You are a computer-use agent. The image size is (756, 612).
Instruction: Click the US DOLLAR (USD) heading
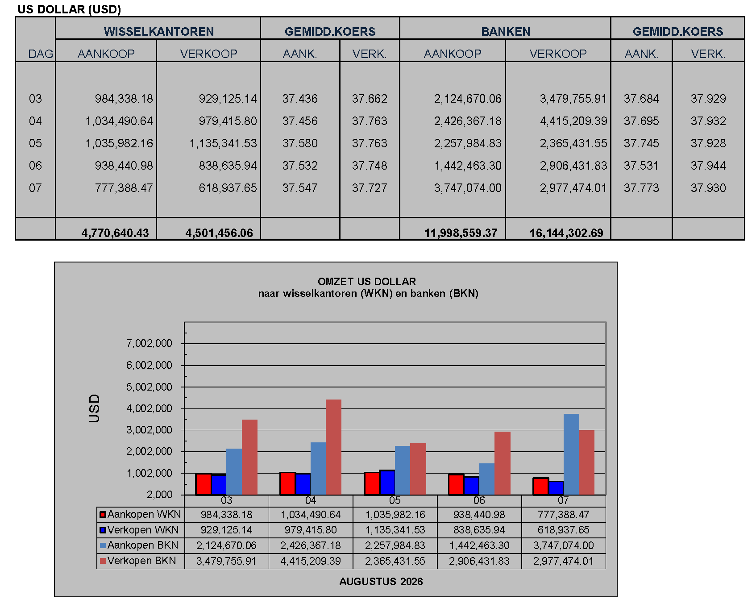(x=69, y=9)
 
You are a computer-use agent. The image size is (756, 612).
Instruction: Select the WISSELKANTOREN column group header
(x=159, y=32)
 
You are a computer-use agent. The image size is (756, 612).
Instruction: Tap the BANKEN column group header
(x=506, y=32)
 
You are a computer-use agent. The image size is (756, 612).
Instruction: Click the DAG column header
(x=41, y=54)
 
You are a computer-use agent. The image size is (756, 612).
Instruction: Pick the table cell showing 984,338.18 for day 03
(x=124, y=99)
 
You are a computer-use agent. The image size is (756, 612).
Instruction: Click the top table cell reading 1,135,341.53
(x=223, y=143)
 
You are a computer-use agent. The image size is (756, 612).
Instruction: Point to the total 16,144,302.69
(x=566, y=233)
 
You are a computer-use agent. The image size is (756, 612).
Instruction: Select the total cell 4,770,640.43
(x=115, y=233)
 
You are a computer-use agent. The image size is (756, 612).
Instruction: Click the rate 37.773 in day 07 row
(x=641, y=188)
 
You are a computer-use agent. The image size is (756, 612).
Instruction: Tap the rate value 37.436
(x=300, y=99)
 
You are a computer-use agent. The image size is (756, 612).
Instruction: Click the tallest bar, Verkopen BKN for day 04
(x=333, y=447)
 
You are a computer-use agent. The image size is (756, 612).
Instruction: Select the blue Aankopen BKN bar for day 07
(x=571, y=454)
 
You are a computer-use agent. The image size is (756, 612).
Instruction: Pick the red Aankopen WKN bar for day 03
(x=204, y=484)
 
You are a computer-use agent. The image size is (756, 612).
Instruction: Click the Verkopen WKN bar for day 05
(x=387, y=483)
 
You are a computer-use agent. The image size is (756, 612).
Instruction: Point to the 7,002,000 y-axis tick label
(x=149, y=343)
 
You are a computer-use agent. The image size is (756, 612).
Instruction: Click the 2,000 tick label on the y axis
(x=160, y=495)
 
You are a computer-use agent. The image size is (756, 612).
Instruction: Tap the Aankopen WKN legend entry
(x=140, y=514)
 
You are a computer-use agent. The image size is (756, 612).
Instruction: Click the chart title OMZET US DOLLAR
(x=367, y=282)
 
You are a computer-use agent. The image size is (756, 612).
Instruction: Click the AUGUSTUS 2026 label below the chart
(x=381, y=582)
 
